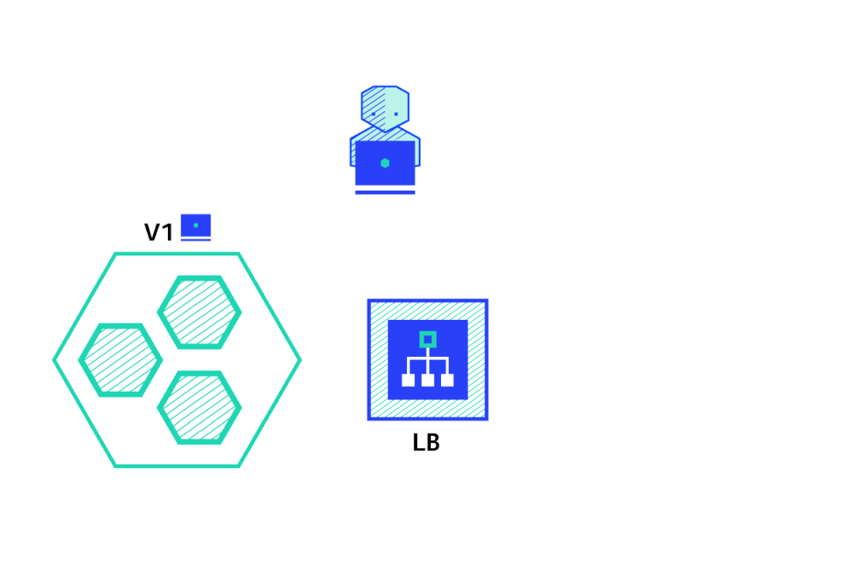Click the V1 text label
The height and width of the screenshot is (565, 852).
(x=158, y=232)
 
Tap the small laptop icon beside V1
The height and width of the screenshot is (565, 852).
(x=196, y=227)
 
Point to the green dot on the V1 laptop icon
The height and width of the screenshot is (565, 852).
(x=196, y=225)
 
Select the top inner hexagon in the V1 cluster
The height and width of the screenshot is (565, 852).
(x=200, y=312)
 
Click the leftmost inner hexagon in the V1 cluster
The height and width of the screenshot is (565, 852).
(x=121, y=360)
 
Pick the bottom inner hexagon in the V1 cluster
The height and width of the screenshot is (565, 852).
(x=200, y=407)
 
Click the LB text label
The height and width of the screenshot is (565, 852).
(x=426, y=442)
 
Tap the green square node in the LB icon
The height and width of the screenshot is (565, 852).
(x=428, y=340)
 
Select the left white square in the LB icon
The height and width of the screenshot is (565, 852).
(x=408, y=380)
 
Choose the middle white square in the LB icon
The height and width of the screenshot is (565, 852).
(x=428, y=380)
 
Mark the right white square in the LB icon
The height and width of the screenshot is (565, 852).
(x=447, y=380)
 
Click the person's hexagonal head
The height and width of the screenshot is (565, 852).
(x=385, y=109)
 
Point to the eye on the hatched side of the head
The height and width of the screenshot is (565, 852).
(x=373, y=114)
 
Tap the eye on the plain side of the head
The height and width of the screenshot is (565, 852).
(x=396, y=114)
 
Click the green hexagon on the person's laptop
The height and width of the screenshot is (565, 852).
(x=385, y=163)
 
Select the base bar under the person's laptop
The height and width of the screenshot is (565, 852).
(x=385, y=192)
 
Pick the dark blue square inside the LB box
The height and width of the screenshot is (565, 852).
(x=428, y=359)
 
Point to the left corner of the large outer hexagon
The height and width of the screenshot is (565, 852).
(x=54, y=360)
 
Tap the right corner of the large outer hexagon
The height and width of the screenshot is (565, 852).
(x=301, y=360)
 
